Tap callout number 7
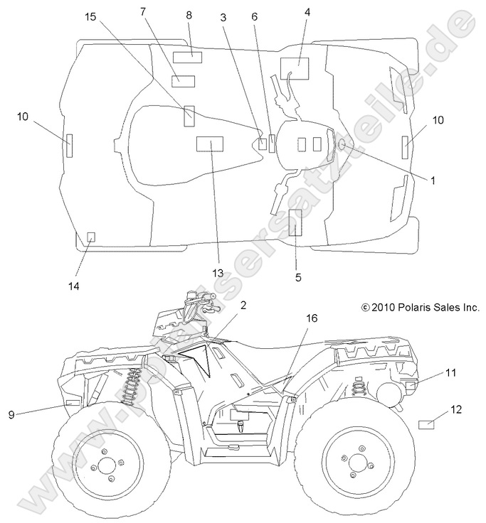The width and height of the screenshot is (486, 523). click(143, 11)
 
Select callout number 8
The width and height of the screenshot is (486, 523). click(189, 15)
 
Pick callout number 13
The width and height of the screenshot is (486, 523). click(217, 274)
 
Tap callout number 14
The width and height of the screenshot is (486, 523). click(73, 286)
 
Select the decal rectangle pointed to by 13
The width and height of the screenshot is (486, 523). click(209, 144)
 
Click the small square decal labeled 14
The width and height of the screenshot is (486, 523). click(90, 237)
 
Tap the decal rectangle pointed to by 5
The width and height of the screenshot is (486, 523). click(295, 222)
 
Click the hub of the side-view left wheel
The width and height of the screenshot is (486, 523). click(107, 465)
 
